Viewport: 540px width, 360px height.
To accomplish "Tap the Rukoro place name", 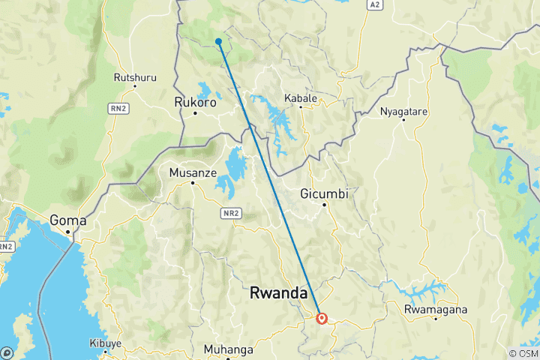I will click(x=194, y=102).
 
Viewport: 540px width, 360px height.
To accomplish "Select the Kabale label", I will click(x=301, y=97).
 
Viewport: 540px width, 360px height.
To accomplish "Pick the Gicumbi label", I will click(x=325, y=193).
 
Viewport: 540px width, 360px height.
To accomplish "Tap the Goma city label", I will click(x=67, y=220).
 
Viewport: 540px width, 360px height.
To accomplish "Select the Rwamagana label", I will click(x=436, y=309).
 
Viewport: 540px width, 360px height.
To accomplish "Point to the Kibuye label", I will click(x=105, y=343).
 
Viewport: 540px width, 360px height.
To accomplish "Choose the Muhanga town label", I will click(x=229, y=349).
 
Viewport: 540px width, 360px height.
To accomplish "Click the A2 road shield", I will click(x=376, y=4).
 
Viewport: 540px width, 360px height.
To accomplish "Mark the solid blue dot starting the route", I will click(x=218, y=41).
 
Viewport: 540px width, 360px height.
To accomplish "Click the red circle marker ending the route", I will click(x=322, y=318).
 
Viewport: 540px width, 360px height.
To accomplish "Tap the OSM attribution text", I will click(x=523, y=353).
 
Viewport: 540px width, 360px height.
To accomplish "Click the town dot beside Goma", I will click(x=68, y=232).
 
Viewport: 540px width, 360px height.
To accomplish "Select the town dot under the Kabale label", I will click(x=301, y=107).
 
